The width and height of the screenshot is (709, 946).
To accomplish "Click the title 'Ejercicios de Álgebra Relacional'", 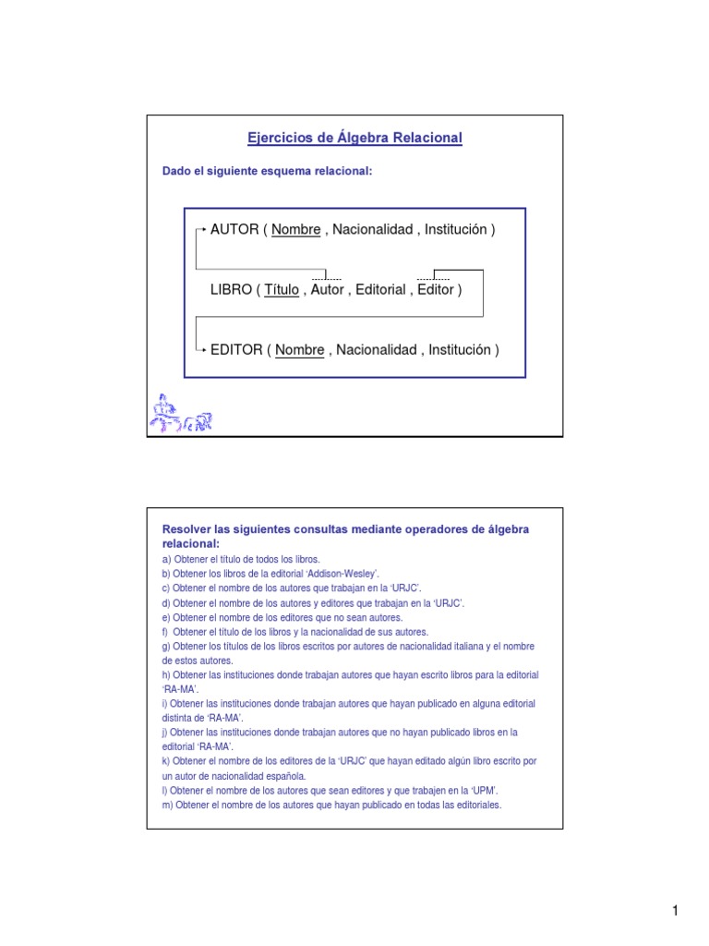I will click(354, 138).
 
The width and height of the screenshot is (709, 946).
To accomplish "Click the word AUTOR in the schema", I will click(234, 229).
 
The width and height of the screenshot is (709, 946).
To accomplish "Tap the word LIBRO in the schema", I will click(231, 289).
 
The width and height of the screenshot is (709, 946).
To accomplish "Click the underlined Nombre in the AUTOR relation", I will click(296, 229).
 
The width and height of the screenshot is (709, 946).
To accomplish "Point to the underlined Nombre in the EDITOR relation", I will click(300, 349).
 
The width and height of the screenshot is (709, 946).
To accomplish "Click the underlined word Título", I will click(282, 289).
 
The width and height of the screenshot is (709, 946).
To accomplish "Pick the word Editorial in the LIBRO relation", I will click(379, 289).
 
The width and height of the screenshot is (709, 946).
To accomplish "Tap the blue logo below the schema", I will click(181, 415).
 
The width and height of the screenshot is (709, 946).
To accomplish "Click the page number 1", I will click(675, 912).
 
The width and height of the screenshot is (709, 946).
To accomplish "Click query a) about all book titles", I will click(241, 560).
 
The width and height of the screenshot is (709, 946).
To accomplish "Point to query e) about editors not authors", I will click(270, 617).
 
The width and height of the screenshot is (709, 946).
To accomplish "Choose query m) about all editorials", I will click(331, 805).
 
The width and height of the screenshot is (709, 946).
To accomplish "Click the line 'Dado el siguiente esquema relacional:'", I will click(267, 171).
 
